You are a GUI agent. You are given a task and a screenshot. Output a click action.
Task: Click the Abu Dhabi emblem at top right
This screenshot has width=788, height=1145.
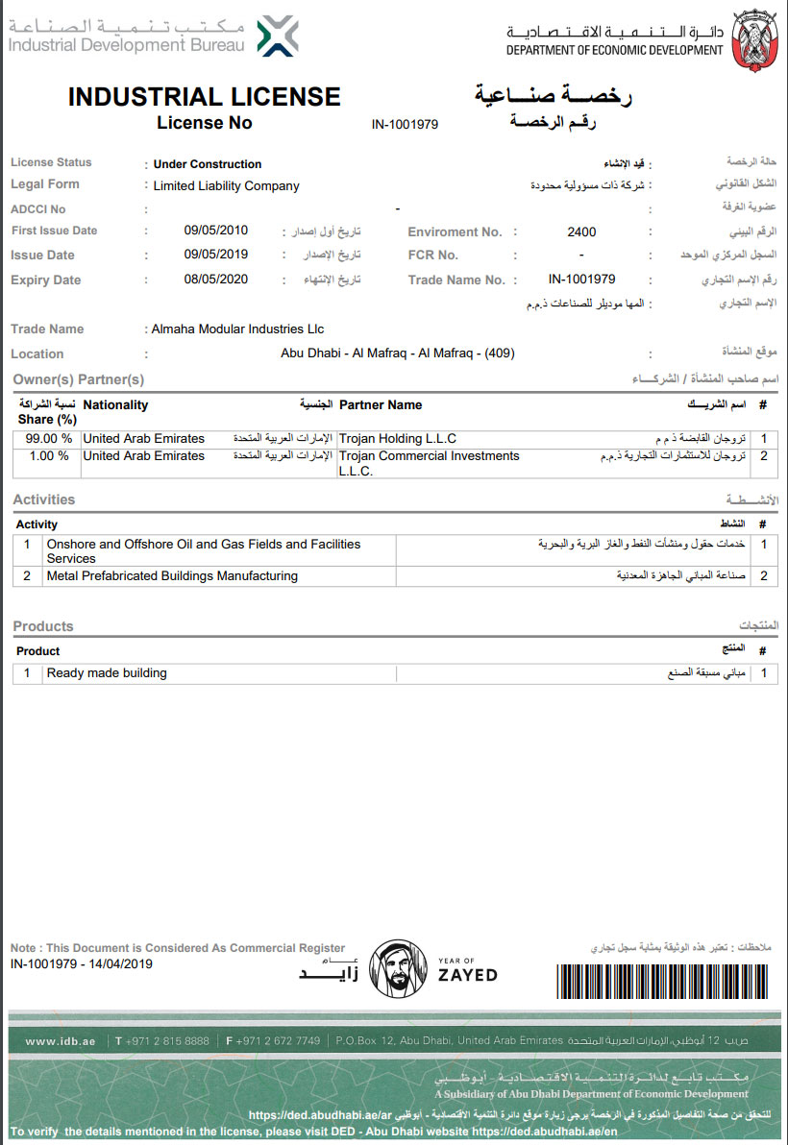point(752,39)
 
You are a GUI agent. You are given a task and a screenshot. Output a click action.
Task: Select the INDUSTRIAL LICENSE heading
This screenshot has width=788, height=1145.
point(204,97)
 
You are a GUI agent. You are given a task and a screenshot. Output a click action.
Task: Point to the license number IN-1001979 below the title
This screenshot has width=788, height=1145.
point(405,125)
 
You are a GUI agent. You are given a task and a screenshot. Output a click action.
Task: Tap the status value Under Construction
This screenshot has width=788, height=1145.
point(208,164)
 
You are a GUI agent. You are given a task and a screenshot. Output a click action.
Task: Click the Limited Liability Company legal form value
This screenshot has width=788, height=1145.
point(227,186)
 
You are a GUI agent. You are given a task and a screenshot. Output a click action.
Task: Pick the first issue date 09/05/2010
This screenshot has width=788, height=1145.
point(216,231)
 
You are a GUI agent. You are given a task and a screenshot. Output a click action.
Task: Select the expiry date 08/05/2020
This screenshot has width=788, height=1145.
point(216,280)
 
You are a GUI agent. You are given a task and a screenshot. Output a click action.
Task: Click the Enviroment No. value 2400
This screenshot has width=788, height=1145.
point(581,231)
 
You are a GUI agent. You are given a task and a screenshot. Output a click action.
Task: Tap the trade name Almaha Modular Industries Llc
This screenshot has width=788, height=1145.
point(238,329)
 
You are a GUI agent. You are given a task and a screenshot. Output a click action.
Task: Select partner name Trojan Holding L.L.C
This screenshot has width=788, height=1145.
point(398,439)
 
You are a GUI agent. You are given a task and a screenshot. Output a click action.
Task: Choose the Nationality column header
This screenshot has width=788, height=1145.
point(115,405)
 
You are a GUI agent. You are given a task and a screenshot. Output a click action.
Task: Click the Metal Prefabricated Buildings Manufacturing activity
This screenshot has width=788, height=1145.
point(173,576)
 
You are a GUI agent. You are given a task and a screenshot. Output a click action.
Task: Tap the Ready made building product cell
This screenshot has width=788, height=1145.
point(107,673)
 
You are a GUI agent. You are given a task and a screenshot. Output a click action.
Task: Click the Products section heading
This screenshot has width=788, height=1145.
point(43,626)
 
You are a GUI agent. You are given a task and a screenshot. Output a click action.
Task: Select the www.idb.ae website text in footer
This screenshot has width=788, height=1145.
point(61,1041)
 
